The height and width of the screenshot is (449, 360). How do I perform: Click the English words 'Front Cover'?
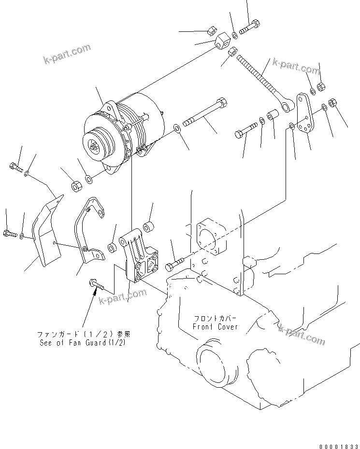[x=215, y=327]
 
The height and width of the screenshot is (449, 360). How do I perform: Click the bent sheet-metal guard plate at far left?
[x=46, y=232]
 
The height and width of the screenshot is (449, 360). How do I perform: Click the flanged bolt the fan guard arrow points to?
[x=96, y=285]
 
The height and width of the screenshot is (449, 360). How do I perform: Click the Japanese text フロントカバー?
[x=215, y=319]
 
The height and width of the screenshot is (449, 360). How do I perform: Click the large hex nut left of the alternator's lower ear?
[x=76, y=185]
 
